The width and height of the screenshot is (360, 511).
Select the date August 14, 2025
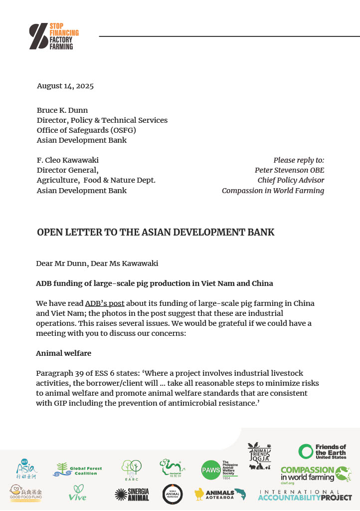tap(65, 86)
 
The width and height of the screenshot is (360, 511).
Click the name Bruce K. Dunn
tap(63, 110)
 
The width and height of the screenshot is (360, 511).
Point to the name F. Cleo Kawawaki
tap(68, 160)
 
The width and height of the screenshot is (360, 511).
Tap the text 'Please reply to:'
tap(299, 160)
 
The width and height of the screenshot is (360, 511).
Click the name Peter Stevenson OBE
tap(289, 170)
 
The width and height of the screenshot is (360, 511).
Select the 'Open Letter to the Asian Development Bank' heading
tap(156, 233)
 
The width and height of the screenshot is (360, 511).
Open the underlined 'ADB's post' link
tap(105, 303)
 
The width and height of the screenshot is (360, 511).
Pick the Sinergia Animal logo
tap(132, 494)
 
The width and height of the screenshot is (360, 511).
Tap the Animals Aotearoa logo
tap(220, 494)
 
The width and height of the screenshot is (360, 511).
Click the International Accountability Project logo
tap(305, 495)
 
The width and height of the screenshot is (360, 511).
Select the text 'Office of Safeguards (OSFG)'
tap(86, 130)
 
